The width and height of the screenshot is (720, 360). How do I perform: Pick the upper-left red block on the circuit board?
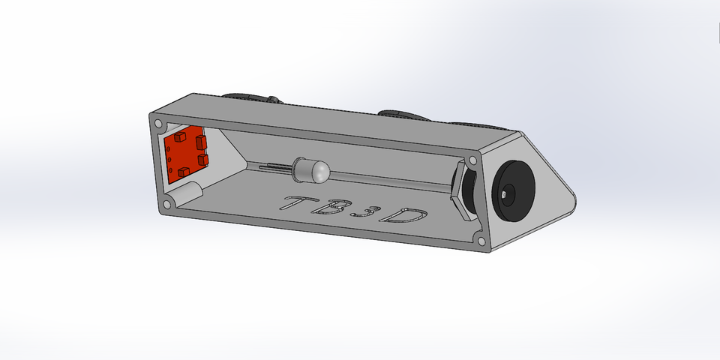(x=180, y=138)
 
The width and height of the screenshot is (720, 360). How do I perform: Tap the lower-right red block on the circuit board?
(x=202, y=160)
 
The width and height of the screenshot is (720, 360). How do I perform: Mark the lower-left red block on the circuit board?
(x=182, y=172)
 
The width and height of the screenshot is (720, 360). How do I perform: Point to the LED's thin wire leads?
(x=273, y=168)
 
